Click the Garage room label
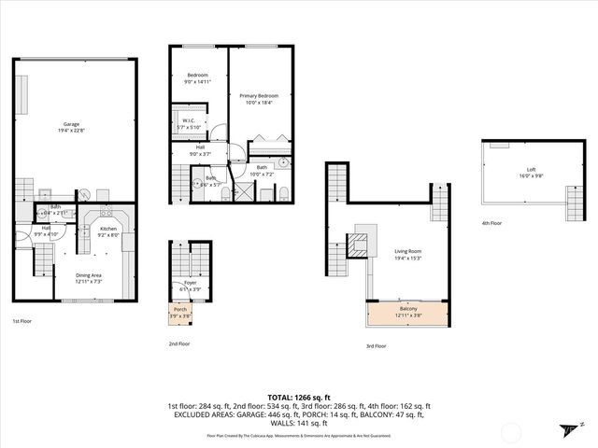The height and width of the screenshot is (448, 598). pyautogui.click(x=71, y=126)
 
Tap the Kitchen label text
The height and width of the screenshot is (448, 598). pyautogui.click(x=108, y=231)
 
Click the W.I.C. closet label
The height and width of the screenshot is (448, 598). pyautogui.click(x=188, y=123)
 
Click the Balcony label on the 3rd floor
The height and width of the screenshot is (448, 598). pyautogui.click(x=408, y=312)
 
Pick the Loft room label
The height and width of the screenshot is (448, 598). pyautogui.click(x=531, y=173)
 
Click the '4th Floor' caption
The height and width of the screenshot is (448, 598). pyautogui.click(x=492, y=224)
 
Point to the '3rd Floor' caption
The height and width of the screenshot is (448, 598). pyautogui.click(x=376, y=346)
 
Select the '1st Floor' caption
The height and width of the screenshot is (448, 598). pyautogui.click(x=23, y=321)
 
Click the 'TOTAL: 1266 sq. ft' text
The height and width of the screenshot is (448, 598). pyautogui.click(x=299, y=396)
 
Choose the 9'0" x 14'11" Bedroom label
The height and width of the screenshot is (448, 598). pyautogui.click(x=197, y=78)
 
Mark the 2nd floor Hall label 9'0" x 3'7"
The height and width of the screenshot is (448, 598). pyautogui.click(x=199, y=150)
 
